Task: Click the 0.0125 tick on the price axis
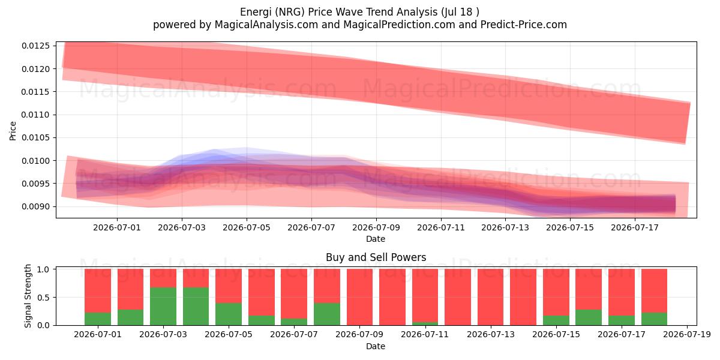click(35, 46)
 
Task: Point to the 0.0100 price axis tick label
click(35, 161)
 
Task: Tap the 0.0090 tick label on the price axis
click(35, 206)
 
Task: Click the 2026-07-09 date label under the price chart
click(376, 227)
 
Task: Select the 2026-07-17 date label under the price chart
click(635, 227)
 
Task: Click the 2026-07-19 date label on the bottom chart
click(687, 335)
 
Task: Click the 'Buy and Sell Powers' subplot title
click(376, 257)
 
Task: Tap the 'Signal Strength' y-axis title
click(28, 296)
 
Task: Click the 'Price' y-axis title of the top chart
click(13, 131)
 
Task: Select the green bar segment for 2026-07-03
click(163, 307)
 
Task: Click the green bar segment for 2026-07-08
click(327, 314)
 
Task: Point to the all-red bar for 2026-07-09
click(359, 297)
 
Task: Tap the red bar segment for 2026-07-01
click(98, 291)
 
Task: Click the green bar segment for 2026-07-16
click(589, 317)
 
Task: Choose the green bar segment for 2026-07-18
click(654, 319)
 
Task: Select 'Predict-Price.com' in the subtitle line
click(524, 25)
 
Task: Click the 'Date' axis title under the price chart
click(376, 239)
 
